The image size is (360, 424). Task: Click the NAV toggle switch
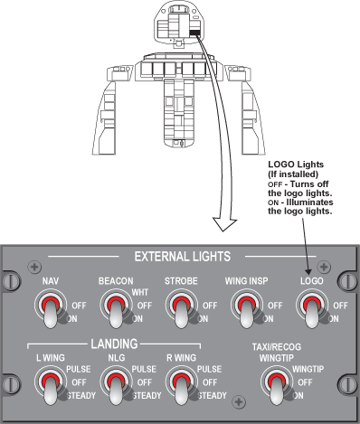click(51, 308)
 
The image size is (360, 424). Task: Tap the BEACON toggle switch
click(116, 308)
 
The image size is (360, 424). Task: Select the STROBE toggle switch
click(182, 308)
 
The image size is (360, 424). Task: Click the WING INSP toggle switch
click(247, 308)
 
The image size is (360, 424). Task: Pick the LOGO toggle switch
click(312, 308)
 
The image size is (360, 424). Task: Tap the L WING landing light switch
click(51, 385)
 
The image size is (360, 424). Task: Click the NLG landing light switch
click(116, 385)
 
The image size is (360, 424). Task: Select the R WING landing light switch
click(182, 385)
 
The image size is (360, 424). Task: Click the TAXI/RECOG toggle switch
click(277, 385)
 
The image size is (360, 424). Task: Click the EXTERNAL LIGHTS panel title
click(183, 257)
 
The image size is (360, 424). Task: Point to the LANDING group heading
click(114, 344)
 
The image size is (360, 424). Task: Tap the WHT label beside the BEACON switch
click(140, 292)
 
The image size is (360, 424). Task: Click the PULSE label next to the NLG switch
click(144, 369)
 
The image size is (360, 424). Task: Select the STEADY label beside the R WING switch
click(213, 395)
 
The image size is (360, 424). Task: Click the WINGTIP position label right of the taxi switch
click(308, 369)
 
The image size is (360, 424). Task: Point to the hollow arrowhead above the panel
click(224, 224)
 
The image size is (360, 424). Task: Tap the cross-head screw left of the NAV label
click(34, 267)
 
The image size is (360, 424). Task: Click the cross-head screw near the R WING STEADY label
click(239, 402)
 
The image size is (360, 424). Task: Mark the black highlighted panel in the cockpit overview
click(194, 33)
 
